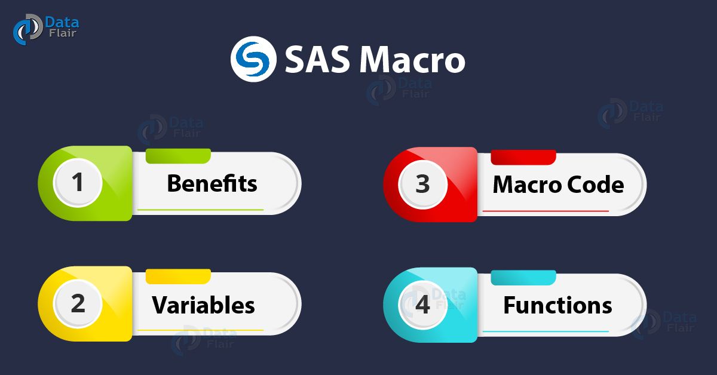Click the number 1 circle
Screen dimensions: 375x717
tap(77, 183)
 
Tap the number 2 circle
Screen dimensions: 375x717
tap(77, 304)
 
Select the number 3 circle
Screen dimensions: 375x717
tap(422, 184)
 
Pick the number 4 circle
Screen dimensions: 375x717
tap(422, 305)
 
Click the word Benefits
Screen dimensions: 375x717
tap(212, 183)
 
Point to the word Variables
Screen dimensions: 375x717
tap(203, 305)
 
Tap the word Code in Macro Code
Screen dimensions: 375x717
tap(593, 185)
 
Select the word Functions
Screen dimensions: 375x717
tap(557, 306)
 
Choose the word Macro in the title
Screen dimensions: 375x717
tap(413, 60)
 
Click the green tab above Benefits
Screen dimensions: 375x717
tap(178, 156)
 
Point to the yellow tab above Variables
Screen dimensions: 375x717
tap(178, 276)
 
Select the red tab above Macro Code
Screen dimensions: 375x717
tap(523, 157)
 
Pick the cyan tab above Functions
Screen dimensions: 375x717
tap(523, 278)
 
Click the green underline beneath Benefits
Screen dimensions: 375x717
tap(200, 210)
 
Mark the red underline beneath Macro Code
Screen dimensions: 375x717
tap(546, 211)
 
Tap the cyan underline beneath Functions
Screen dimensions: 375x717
tap(546, 331)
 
